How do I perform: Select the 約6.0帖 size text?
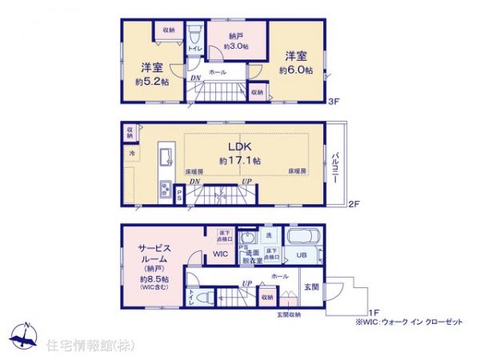(293, 70)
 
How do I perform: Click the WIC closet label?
(220, 254)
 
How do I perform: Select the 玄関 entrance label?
(311, 286)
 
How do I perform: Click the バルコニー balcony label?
(337, 167)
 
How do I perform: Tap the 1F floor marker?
(374, 312)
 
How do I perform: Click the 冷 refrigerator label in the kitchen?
(130, 152)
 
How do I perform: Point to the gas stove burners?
(166, 190)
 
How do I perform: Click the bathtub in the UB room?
(301, 238)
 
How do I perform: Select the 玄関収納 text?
(290, 314)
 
